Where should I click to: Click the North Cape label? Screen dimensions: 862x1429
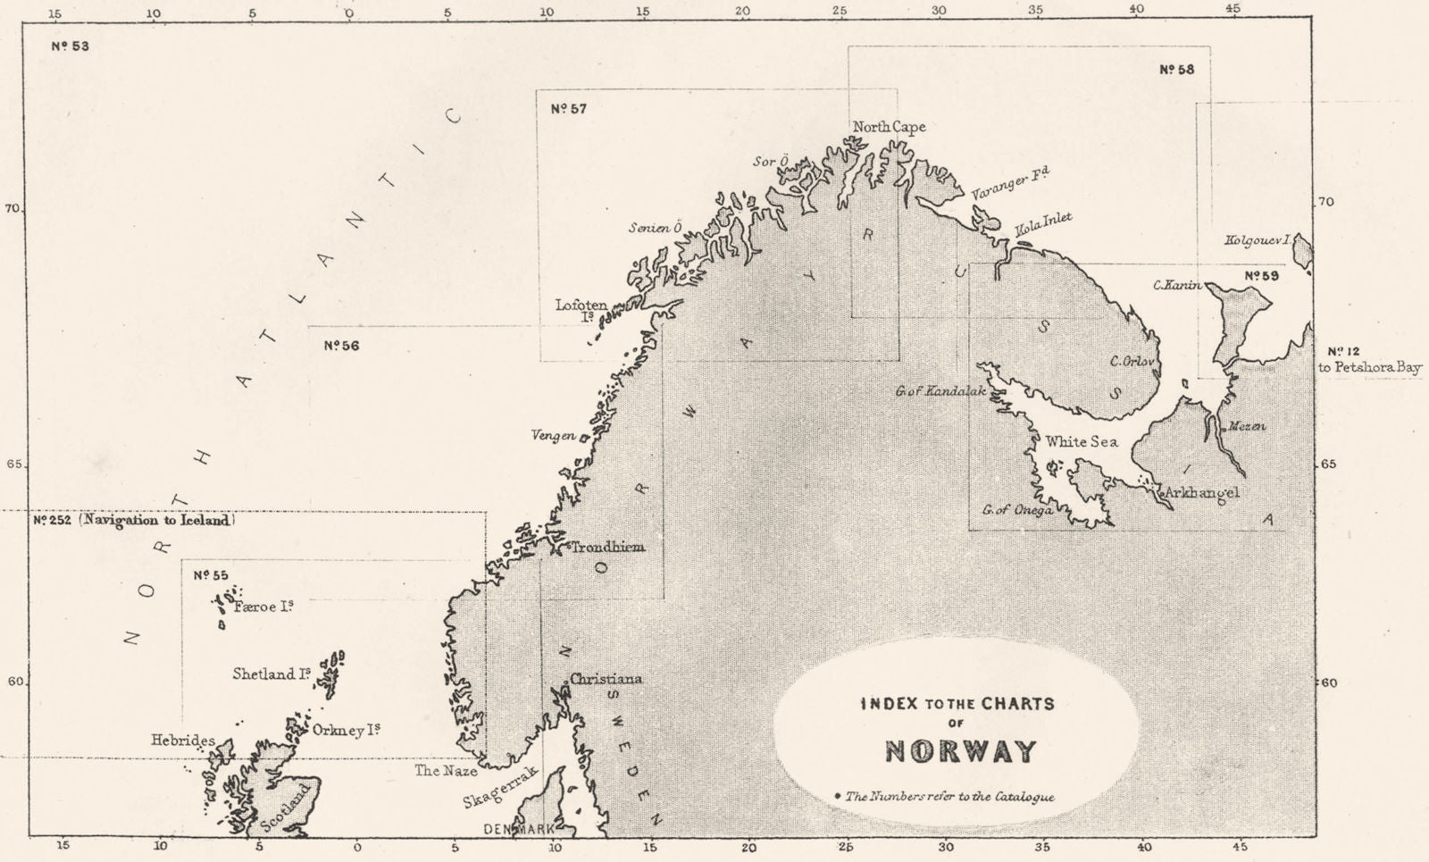coord(889,127)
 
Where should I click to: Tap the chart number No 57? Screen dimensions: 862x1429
coord(568,109)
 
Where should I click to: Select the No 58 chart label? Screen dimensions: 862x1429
coord(1176,70)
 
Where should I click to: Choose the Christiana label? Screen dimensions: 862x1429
coord(606,679)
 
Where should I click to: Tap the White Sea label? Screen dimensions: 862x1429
coord(1081,441)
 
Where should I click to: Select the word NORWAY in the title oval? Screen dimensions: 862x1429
coord(960,752)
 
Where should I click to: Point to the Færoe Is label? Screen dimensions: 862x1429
coord(263,607)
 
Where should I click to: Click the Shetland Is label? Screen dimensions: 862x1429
coord(272,674)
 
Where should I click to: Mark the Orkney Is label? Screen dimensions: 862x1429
coord(347,730)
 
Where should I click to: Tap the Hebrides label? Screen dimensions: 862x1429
coord(182,741)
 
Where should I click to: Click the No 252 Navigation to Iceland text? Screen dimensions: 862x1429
coord(134,520)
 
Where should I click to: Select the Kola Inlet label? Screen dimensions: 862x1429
coord(1042,223)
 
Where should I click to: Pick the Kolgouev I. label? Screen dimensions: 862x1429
coord(1259,240)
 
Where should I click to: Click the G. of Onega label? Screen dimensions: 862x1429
coord(1016,510)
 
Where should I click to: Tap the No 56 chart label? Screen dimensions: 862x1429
coord(341,346)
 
